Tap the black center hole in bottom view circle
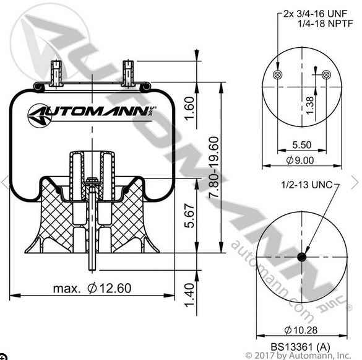click(x=302, y=257)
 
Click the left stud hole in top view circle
click(x=277, y=75)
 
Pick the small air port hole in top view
click(x=325, y=75)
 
